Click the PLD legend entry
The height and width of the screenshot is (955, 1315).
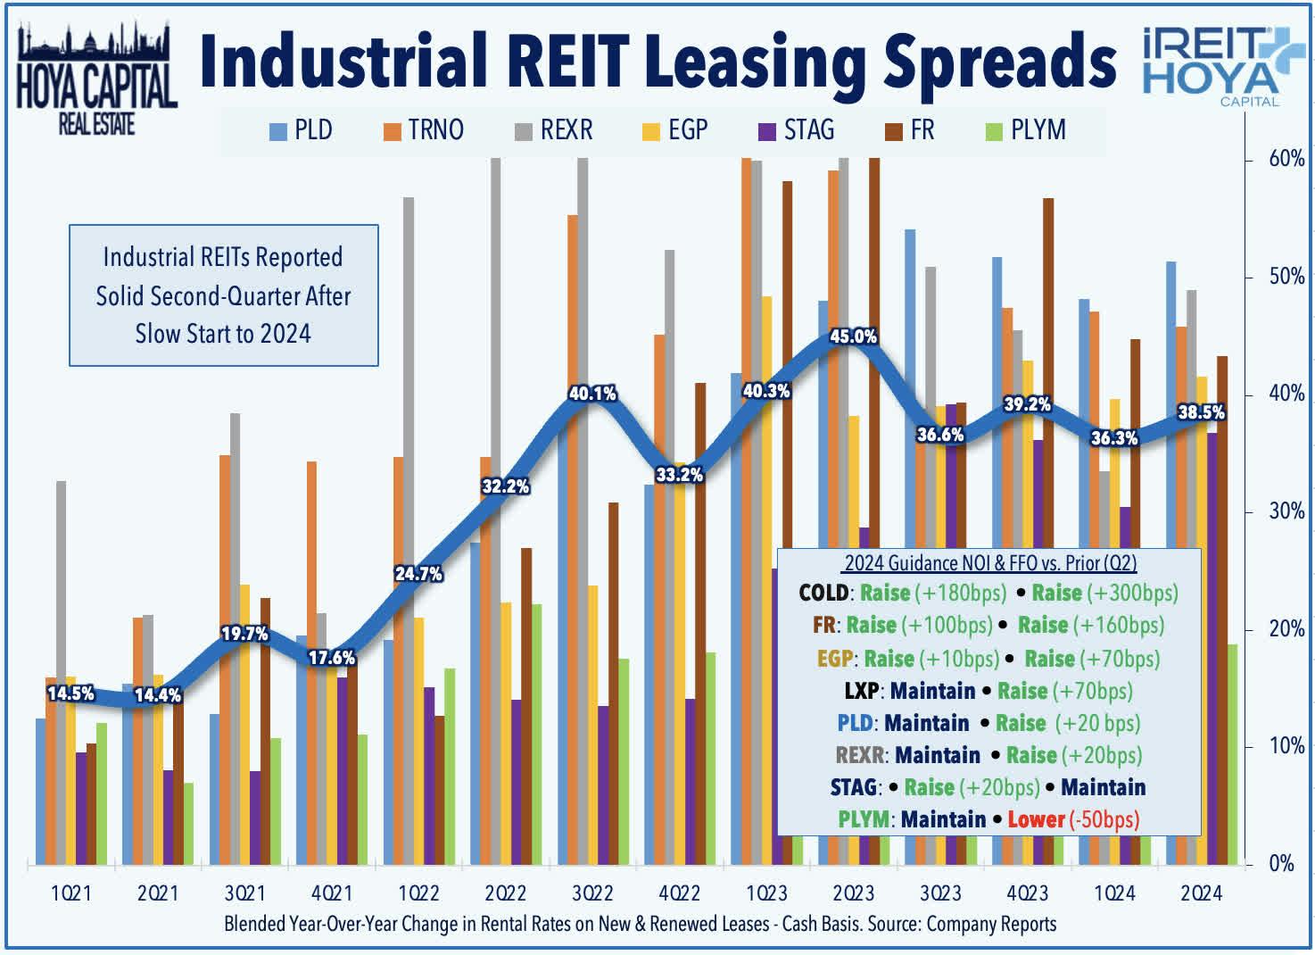302,130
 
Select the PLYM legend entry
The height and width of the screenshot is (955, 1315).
1026,130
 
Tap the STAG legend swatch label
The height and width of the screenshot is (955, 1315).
797,130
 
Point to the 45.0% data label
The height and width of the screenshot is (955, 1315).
853,336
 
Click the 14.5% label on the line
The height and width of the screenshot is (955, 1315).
70,693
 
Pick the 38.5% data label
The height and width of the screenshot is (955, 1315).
1201,412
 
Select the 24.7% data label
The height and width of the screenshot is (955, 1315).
418,574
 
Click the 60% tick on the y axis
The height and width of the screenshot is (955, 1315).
1286,160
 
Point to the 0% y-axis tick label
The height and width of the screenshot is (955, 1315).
1281,863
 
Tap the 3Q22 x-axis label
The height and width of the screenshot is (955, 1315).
592,893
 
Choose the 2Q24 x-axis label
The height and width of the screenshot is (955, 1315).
1201,893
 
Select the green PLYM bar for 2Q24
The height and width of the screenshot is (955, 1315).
1232,754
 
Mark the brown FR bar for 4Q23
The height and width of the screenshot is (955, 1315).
1048,357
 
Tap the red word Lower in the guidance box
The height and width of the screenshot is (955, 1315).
1036,819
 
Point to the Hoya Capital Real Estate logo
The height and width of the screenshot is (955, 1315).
96,80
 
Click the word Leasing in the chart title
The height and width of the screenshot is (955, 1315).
755,61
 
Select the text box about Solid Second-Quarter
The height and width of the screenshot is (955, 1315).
224,295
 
